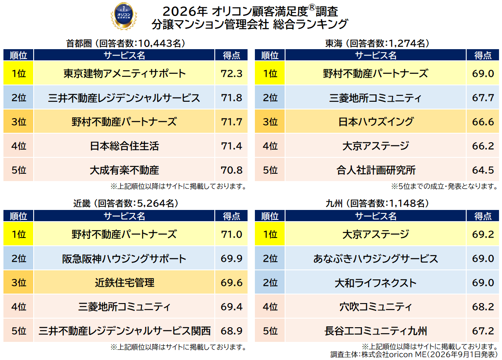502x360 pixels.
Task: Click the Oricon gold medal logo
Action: tap(124, 16)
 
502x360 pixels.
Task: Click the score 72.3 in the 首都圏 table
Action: tap(232, 74)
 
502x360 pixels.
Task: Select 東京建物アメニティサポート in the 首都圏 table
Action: tap(125, 74)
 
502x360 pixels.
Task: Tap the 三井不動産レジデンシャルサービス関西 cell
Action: tap(125, 331)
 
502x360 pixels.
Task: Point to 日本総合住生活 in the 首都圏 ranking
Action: tap(125, 146)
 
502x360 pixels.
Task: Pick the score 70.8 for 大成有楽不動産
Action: tap(232, 170)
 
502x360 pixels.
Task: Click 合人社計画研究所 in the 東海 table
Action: tap(376, 170)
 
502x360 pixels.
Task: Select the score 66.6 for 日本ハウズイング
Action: tap(483, 122)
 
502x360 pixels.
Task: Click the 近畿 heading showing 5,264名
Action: tap(125, 203)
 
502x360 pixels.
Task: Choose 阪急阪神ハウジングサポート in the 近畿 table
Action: tap(125, 259)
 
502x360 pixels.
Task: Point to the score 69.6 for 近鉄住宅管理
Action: tap(232, 282)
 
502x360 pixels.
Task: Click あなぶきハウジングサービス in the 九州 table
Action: tap(376, 259)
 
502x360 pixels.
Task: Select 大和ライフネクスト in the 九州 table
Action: tap(376, 282)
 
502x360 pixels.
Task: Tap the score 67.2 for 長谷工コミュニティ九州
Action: tap(483, 331)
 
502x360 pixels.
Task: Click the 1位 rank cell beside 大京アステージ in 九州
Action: tap(270, 234)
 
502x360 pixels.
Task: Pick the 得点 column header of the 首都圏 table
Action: tap(232, 55)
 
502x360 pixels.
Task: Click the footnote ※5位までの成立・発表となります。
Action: tap(444, 186)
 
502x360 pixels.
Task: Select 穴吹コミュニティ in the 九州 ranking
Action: tap(376, 307)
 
